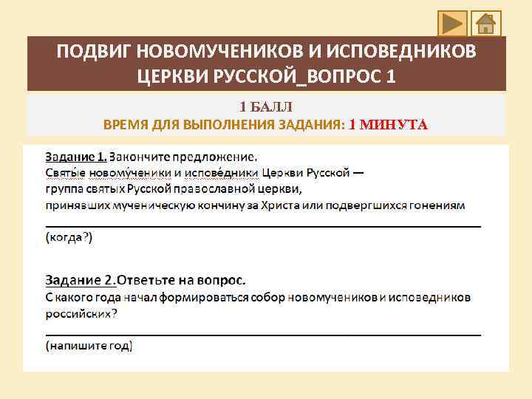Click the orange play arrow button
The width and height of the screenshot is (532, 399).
tap(451, 24)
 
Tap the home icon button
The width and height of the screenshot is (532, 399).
tap(485, 24)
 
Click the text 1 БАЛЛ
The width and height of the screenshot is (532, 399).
tap(265, 108)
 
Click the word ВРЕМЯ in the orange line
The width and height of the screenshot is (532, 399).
tap(124, 125)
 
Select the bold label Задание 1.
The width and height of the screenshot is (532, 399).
tap(76, 157)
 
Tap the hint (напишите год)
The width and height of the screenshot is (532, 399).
tap(89, 345)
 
